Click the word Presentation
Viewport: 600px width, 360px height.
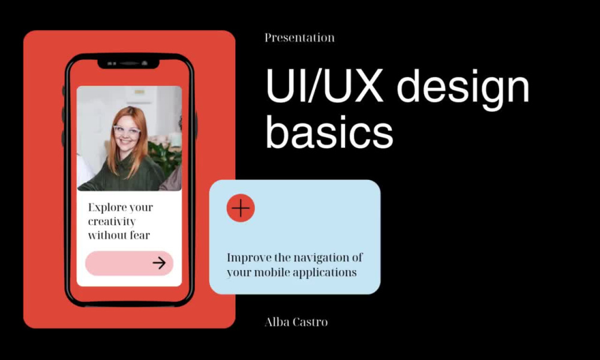point(299,38)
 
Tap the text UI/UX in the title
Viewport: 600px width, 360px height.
point(325,88)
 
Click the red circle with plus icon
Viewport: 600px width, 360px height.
point(241,208)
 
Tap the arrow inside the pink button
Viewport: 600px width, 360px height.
point(159,263)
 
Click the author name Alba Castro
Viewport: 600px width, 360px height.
point(296,322)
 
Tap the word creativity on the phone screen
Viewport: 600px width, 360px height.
point(112,221)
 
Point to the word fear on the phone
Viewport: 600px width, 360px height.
point(139,235)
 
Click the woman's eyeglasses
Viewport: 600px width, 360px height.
point(127,130)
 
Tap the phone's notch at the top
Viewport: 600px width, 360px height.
point(128,63)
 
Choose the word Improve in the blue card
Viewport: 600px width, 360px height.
point(247,258)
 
